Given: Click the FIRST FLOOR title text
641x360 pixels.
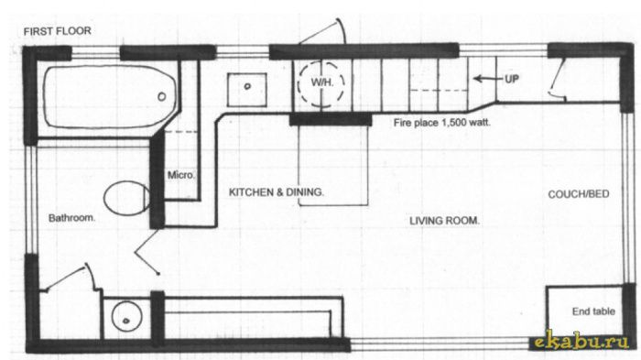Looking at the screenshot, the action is (57, 31).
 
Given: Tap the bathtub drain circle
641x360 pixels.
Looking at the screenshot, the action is (162, 96).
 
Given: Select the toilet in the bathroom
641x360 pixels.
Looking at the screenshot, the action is (126, 198).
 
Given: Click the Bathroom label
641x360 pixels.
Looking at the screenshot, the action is (71, 218).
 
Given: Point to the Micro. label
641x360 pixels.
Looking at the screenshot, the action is (181, 175).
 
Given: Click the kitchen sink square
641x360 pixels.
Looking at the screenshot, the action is (247, 90).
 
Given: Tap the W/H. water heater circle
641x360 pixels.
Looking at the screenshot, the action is (321, 83).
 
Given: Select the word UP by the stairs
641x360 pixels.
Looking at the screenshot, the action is (512, 79).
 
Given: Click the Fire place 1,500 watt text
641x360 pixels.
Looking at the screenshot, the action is (442, 123).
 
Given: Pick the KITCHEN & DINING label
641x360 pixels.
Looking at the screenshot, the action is (277, 191).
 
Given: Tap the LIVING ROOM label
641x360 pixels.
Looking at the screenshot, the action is (444, 221).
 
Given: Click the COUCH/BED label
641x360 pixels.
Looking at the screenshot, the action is (579, 194).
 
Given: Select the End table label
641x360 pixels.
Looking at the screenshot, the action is (593, 311).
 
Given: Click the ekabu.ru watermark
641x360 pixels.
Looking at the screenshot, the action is (581, 341).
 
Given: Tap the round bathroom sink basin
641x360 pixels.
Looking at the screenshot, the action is (127, 317).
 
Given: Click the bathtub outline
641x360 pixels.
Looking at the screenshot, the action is (44, 96).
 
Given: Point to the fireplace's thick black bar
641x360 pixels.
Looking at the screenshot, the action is (331, 120).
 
